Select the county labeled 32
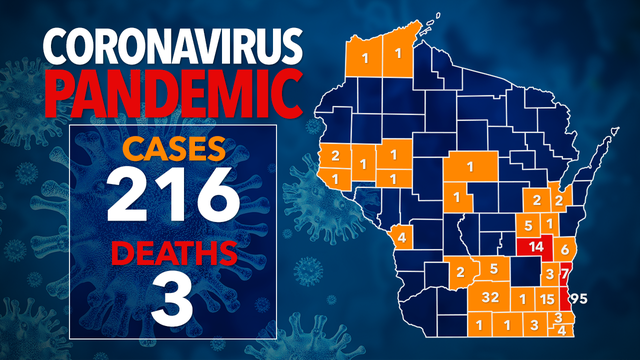tap(490, 298)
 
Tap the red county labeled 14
tap(536, 246)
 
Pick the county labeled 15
tap(546, 299)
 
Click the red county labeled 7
tap(565, 273)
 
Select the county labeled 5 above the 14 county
tap(528, 224)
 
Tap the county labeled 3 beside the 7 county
tap(549, 273)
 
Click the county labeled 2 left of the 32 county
tap(461, 272)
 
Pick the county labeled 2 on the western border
tap(335, 156)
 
